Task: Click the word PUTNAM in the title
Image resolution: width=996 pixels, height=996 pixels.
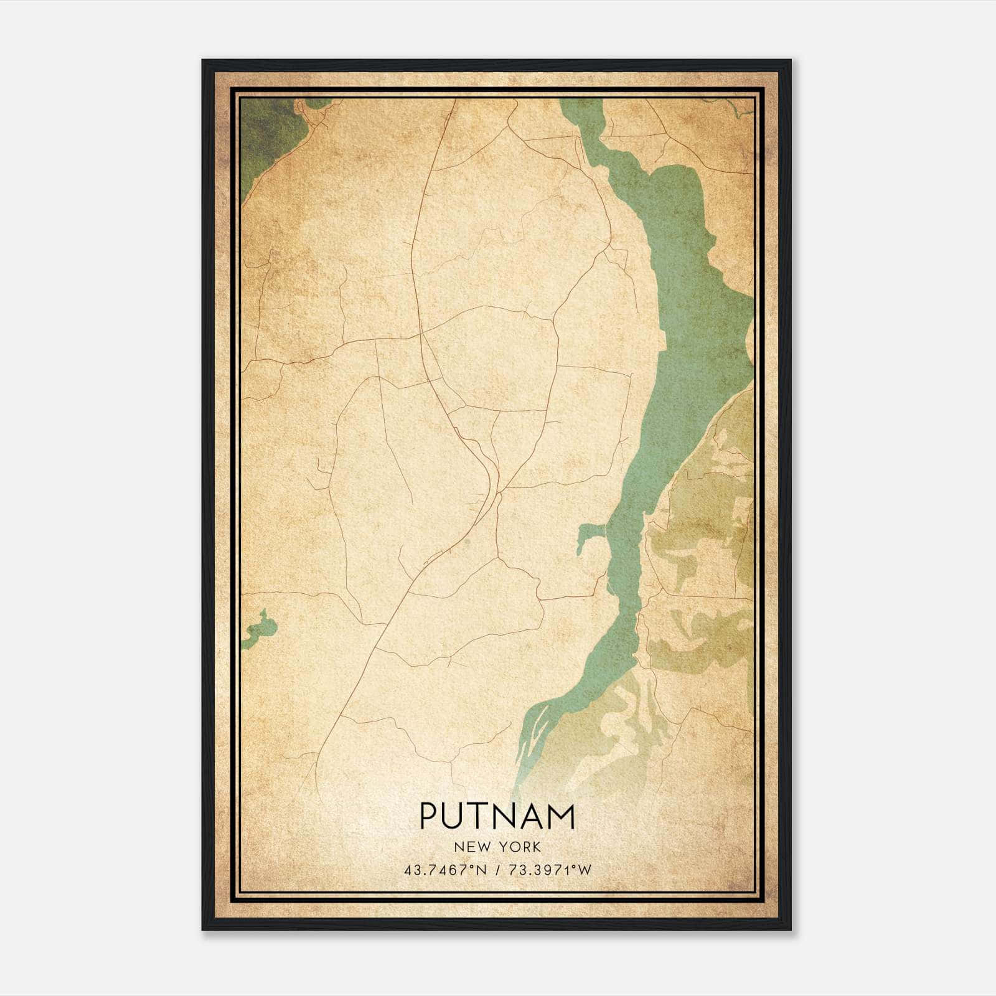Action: pyautogui.click(x=497, y=816)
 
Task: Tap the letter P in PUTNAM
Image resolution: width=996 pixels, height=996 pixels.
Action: pyautogui.click(x=430, y=816)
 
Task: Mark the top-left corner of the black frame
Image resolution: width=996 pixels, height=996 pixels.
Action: pyautogui.click(x=204, y=61)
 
